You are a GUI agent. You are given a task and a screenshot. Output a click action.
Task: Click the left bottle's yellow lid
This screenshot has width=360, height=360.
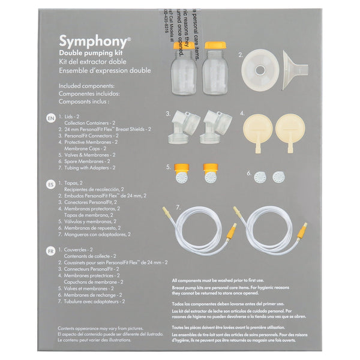pyautogui.click(x=183, y=45)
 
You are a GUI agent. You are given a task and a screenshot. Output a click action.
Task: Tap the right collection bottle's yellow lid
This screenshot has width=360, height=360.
pyautogui.click(x=214, y=45)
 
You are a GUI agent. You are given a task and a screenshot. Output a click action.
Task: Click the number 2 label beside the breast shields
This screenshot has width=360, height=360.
pyautogui.click(x=241, y=54)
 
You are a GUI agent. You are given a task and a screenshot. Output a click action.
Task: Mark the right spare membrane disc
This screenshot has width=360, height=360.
pyautogui.click(x=278, y=177)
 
